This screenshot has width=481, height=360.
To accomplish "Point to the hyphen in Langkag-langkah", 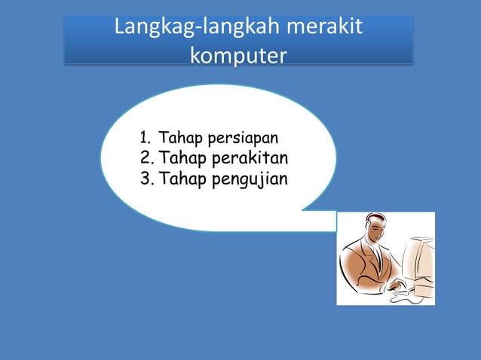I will (200, 31).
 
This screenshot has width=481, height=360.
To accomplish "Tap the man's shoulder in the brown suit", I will (354, 256).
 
